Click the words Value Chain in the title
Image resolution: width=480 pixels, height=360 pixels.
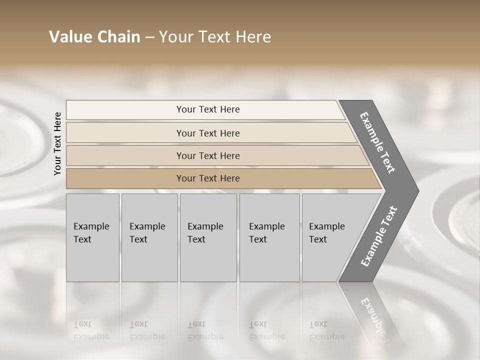pos(94,37)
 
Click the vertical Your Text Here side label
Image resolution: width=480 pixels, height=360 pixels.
pos(57,143)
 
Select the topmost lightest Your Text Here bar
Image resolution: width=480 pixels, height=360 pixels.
pos(207,109)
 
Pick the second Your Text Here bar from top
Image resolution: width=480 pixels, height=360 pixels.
pos(207,133)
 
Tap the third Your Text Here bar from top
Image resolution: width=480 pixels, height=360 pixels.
pos(207,155)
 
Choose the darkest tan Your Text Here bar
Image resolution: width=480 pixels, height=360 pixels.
pos(207,178)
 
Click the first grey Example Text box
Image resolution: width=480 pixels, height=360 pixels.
pos(92,237)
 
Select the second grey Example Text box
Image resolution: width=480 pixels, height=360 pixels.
pos(149,237)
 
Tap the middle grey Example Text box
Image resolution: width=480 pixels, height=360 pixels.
pos(207,237)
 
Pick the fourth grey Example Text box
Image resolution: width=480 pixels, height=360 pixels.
pos(269,237)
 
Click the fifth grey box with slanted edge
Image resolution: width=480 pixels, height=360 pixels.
pos(330,237)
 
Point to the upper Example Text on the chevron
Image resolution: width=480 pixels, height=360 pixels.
pos(377,142)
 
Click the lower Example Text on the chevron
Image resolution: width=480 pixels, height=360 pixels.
pos(378,236)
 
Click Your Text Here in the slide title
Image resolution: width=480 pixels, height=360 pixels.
pos(215,37)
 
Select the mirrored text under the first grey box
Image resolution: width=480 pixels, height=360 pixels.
pos(91,330)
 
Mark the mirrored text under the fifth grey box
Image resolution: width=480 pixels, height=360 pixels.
pos(327,330)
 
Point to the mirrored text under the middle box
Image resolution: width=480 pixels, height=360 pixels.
pos(205,330)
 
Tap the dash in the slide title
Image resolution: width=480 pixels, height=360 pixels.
pos(149,37)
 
